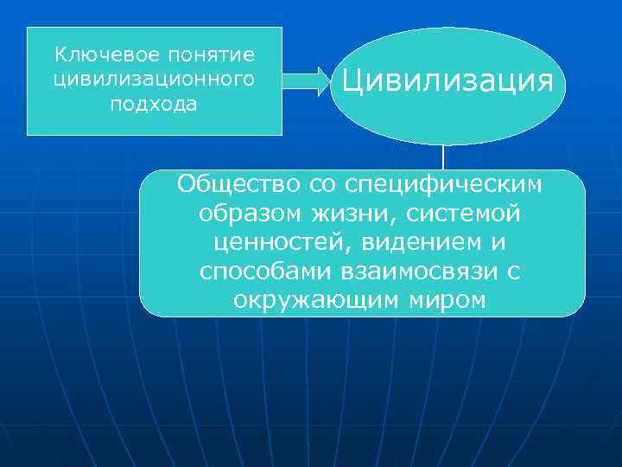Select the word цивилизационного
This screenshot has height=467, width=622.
(154, 80)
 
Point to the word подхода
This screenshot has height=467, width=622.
(154, 105)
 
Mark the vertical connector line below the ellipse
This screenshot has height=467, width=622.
(443, 157)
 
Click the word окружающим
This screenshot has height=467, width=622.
(316, 300)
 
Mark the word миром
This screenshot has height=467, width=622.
(447, 300)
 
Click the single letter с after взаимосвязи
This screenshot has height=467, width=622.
(513, 272)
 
